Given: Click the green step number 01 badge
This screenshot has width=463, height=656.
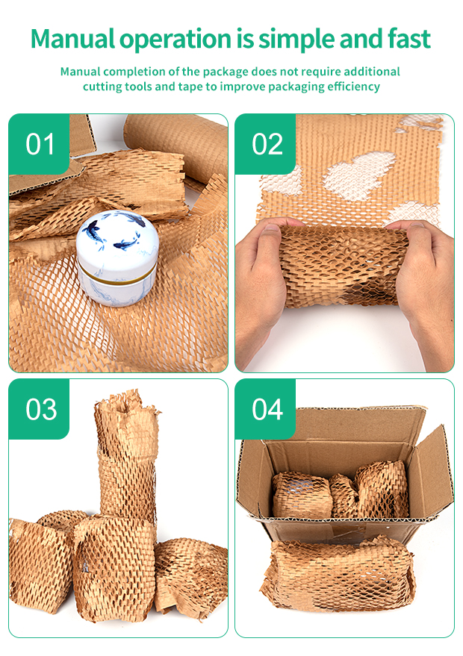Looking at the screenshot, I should coord(39,143).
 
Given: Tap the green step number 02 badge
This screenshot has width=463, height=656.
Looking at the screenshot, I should coord(266,143).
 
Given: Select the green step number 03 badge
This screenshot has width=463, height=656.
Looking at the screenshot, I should coord(39,409).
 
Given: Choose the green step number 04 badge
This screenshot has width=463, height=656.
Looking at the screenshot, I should coord(266,409).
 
